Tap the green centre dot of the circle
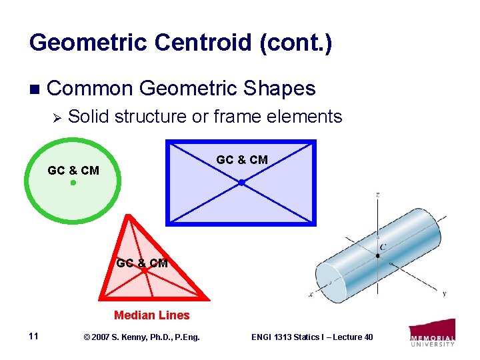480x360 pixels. (x=73, y=182)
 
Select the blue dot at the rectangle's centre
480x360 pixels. (x=241, y=182)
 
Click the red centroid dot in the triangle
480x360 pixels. (x=143, y=271)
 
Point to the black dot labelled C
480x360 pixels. (x=378, y=256)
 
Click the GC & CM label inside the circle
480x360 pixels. (x=73, y=171)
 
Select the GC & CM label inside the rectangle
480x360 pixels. (x=242, y=160)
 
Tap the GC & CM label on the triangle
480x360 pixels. (x=142, y=263)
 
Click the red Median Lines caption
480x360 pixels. (x=152, y=315)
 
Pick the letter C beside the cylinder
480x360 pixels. (x=383, y=247)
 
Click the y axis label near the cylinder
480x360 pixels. (x=444, y=293)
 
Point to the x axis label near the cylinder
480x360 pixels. (x=311, y=294)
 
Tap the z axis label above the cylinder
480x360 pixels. (x=378, y=195)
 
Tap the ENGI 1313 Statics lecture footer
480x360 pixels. (x=311, y=337)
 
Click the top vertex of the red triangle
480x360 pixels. (x=124, y=217)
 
